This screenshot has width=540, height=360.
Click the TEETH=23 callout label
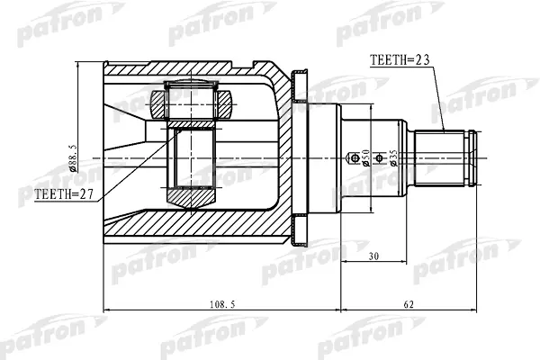coord(400,60)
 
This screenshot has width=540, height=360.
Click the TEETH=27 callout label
coord(64,194)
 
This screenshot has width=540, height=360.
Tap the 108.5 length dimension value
coord(222,304)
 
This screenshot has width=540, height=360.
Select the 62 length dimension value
coord(409,304)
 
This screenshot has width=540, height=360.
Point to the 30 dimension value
coord(373,256)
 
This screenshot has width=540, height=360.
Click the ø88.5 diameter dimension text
coord(73,158)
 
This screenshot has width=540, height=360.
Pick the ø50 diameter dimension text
coord(365,157)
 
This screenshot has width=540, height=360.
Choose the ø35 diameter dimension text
coord(393,158)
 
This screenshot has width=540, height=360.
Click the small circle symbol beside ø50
coord(355,158)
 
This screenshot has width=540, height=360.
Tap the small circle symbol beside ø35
coord(379,158)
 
